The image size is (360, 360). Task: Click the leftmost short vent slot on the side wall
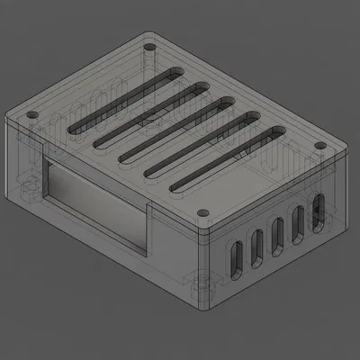tap(235, 257)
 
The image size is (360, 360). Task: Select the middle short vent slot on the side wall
tap(277, 232)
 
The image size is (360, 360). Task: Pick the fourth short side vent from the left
tap(298, 220)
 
